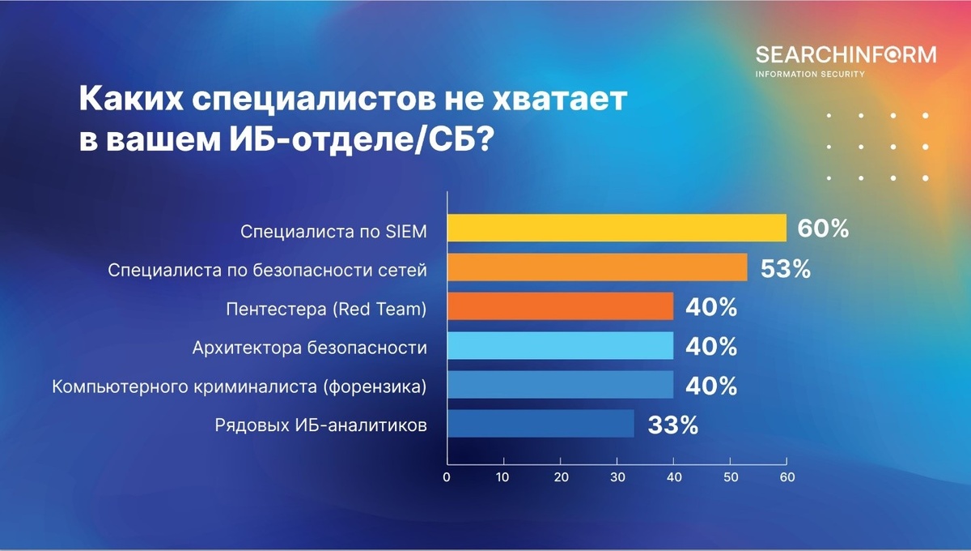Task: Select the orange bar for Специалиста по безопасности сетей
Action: point(596,267)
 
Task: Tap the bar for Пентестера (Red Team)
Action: point(560,306)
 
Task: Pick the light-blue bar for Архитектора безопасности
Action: point(560,346)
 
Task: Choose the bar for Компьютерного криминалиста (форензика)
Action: point(560,385)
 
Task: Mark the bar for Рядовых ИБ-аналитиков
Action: point(541,424)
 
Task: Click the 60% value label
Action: point(823,229)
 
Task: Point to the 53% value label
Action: point(786,268)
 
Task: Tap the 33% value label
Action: point(672,425)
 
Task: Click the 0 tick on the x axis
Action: point(447,477)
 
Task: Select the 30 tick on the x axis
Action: point(617,477)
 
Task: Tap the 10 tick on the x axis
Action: point(503,477)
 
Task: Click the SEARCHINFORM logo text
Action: point(846,54)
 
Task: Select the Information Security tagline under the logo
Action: point(809,74)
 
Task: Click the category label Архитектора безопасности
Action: point(309,348)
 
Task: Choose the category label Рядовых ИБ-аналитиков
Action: point(320,425)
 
